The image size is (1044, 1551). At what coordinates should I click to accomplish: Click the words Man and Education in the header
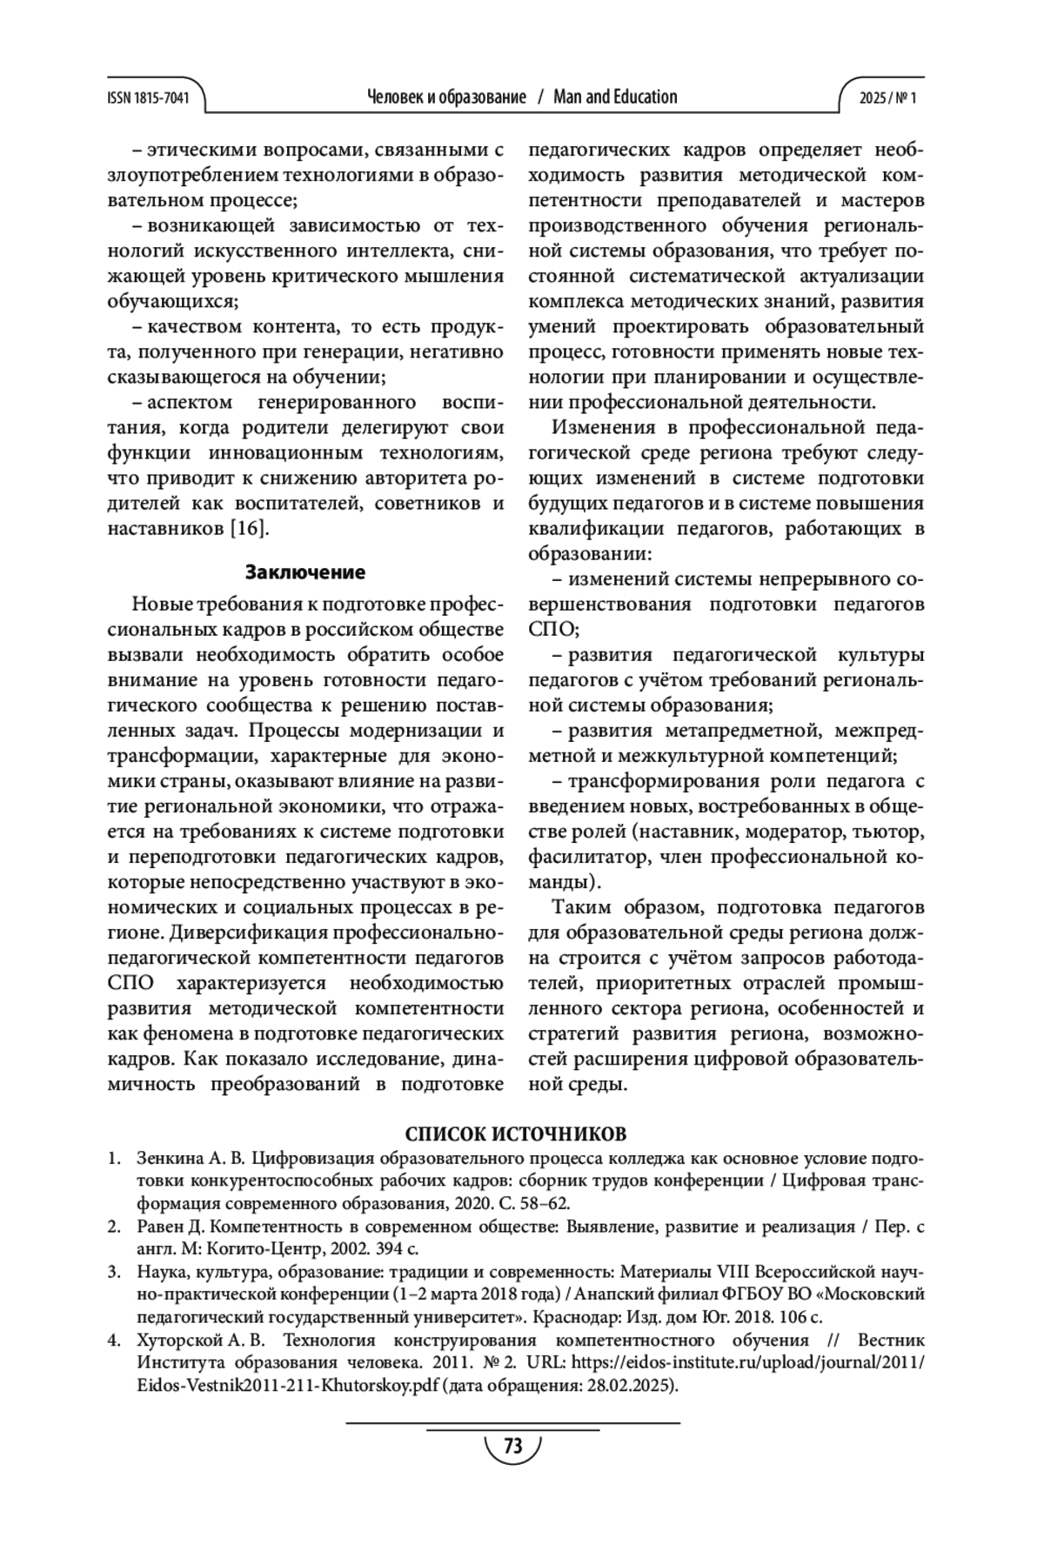[614, 97]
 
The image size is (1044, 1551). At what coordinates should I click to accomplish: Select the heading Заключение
[304, 572]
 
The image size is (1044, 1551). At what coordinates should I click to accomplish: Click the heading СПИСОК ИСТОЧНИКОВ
[516, 1135]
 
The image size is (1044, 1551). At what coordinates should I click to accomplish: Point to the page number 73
[513, 1447]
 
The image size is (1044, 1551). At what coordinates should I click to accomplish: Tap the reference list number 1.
[112, 1160]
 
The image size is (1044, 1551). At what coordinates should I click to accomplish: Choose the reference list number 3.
[112, 1273]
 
